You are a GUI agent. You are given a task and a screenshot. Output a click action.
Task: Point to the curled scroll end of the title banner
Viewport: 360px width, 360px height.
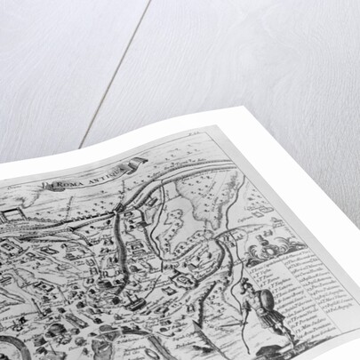137,162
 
